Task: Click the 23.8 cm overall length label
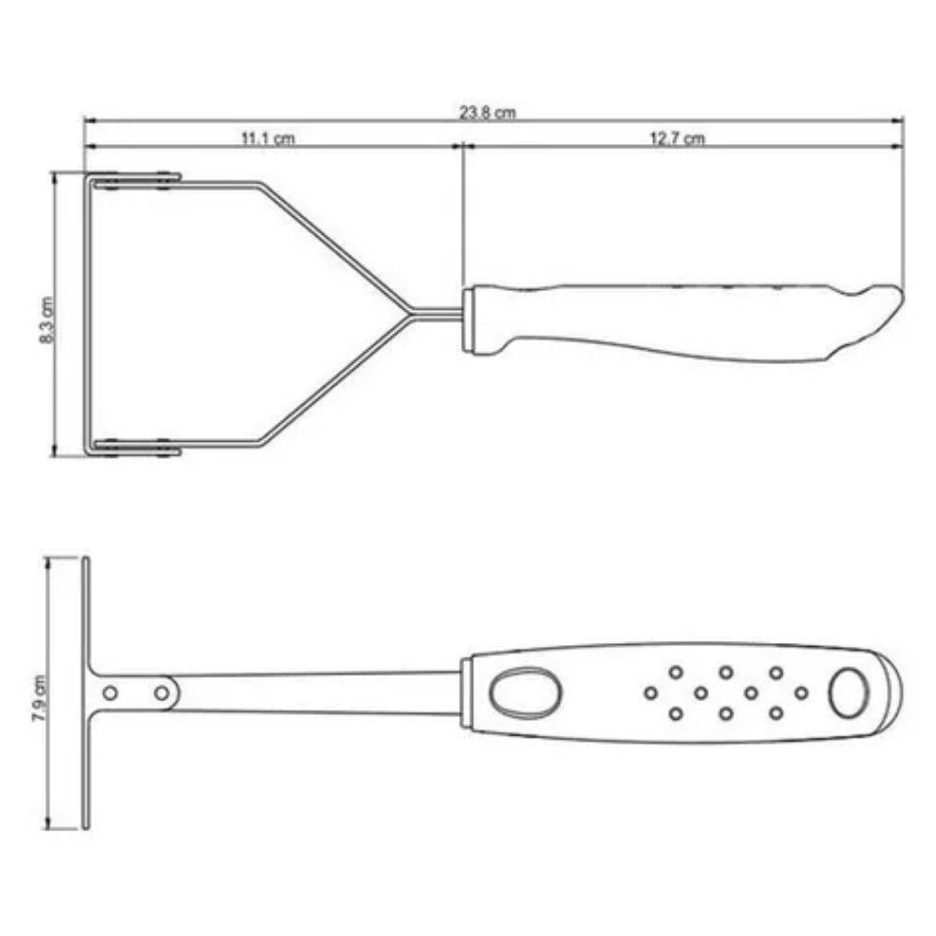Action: tap(487, 112)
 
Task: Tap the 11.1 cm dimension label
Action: tap(268, 139)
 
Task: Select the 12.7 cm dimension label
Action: tap(677, 139)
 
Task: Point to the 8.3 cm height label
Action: tap(47, 320)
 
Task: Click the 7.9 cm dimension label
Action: tap(39, 698)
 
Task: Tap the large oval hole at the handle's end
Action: tap(848, 693)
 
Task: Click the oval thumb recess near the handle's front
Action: tap(525, 693)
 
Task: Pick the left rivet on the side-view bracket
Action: tap(110, 693)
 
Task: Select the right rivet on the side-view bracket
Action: tap(161, 693)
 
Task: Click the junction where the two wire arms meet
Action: tap(412, 313)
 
